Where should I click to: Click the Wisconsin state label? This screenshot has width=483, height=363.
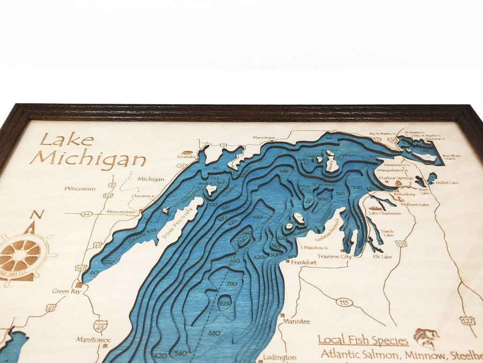click(80, 189)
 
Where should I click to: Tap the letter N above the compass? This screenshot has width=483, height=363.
click(36, 215)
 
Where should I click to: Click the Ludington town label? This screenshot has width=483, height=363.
click(280, 357)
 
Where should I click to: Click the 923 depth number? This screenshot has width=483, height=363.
click(225, 304)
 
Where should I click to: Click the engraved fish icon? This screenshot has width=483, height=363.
click(426, 337)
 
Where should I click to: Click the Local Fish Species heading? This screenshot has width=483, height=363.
click(363, 340)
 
